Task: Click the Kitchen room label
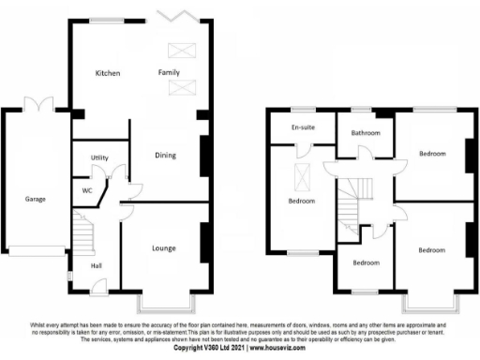click(x=108, y=72)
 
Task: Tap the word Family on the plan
click(x=169, y=72)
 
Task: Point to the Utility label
click(x=100, y=157)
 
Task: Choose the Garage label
click(x=37, y=199)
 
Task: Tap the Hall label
click(x=96, y=265)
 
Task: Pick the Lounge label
click(x=165, y=248)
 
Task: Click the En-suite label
click(x=302, y=127)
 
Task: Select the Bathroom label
click(x=366, y=133)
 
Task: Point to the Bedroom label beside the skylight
click(x=301, y=201)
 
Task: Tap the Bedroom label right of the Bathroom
click(x=432, y=153)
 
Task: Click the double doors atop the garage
click(x=36, y=106)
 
